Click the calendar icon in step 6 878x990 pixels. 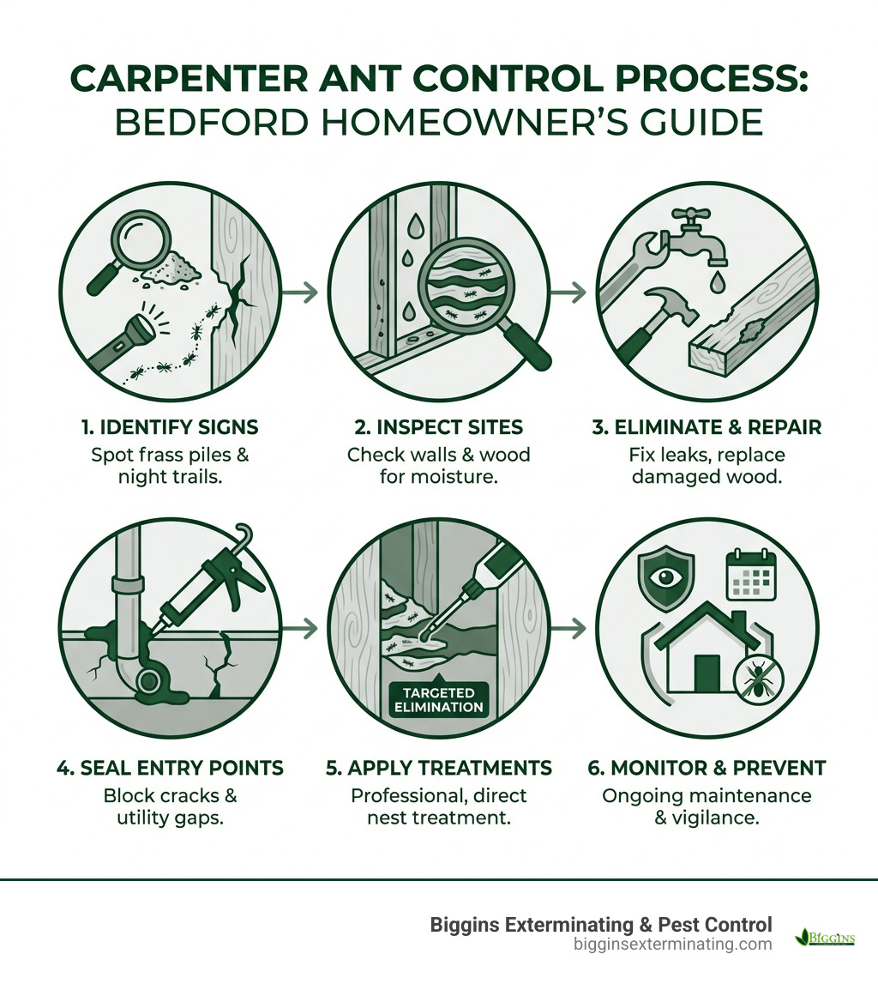coord(750,574)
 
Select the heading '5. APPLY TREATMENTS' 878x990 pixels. coord(439,767)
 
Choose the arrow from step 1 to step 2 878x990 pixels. coord(300,293)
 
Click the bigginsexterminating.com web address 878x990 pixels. coord(672,945)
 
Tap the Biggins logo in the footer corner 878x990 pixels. coord(825,937)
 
